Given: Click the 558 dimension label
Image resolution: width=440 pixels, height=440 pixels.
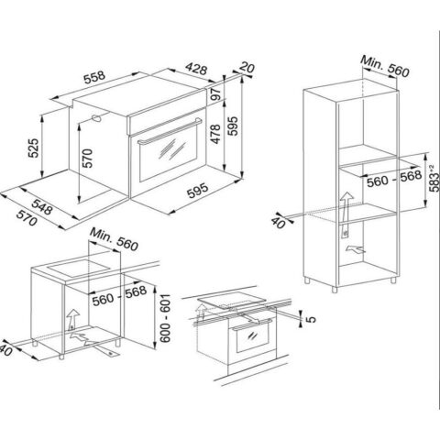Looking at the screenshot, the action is click(x=94, y=77).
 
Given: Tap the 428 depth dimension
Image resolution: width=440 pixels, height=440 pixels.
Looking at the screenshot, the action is click(x=196, y=69).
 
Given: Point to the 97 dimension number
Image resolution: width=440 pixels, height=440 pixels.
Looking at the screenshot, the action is click(x=216, y=94).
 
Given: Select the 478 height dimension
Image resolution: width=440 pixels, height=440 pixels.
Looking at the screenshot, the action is click(x=215, y=134).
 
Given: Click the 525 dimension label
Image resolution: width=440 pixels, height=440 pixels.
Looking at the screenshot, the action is click(x=34, y=148).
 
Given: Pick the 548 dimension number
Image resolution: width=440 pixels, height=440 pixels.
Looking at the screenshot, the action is click(x=42, y=207).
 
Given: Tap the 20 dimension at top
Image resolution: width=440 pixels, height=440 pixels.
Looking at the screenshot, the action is click(x=247, y=67).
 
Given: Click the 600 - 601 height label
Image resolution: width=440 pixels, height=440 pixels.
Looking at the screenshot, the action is click(x=165, y=318).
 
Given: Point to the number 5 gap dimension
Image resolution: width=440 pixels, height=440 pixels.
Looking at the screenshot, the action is click(x=311, y=320).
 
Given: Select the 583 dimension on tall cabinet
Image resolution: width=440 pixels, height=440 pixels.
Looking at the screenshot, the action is click(x=434, y=179).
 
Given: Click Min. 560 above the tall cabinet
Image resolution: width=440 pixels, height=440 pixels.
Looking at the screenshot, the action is click(x=384, y=66).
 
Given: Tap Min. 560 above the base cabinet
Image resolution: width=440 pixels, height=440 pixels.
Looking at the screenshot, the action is click(x=114, y=239).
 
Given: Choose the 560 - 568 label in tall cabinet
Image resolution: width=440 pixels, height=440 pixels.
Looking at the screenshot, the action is click(x=394, y=179).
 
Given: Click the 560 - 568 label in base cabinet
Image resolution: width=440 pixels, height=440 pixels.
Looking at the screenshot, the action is click(x=119, y=295).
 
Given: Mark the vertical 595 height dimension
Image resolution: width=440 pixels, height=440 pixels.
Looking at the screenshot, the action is click(x=233, y=126).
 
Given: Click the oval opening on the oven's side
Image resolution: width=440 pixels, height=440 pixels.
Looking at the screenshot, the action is click(x=96, y=118).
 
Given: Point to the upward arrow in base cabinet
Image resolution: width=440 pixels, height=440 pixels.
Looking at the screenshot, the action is click(x=72, y=320).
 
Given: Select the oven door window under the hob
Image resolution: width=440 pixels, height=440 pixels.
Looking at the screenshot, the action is click(x=252, y=340).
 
